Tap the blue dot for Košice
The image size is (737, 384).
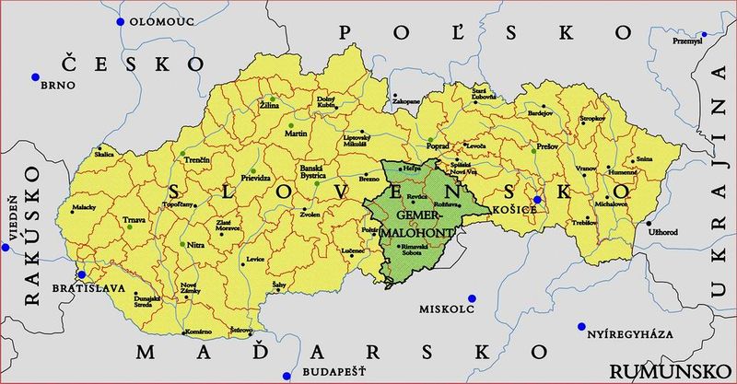[537, 200]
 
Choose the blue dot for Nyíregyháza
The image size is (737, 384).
[581, 326]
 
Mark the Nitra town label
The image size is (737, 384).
[195, 246]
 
